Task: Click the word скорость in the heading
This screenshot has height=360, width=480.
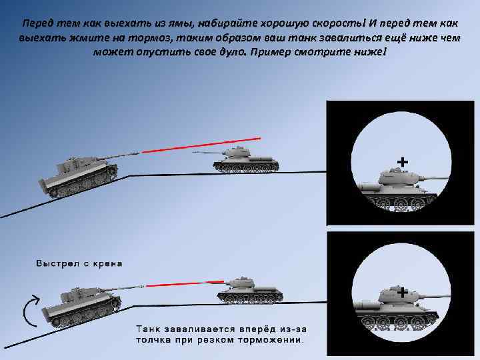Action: click(338, 23)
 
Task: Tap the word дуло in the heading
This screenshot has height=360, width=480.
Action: click(231, 52)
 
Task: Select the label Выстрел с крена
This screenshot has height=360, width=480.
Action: click(79, 263)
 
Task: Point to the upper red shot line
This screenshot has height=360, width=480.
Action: click(201, 145)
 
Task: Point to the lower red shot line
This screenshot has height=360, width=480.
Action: click(185, 284)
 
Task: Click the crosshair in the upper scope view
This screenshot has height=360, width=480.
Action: click(402, 162)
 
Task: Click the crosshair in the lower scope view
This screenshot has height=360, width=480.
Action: click(402, 293)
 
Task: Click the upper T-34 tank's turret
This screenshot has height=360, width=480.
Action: click(237, 152)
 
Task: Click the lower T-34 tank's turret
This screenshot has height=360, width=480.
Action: click(241, 282)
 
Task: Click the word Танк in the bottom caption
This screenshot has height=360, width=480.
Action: click(148, 329)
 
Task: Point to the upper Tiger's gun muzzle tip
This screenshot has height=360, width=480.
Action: click(140, 152)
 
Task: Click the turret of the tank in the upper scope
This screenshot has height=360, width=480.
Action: click(398, 177)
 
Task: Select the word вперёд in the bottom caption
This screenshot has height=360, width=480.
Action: click(259, 329)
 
